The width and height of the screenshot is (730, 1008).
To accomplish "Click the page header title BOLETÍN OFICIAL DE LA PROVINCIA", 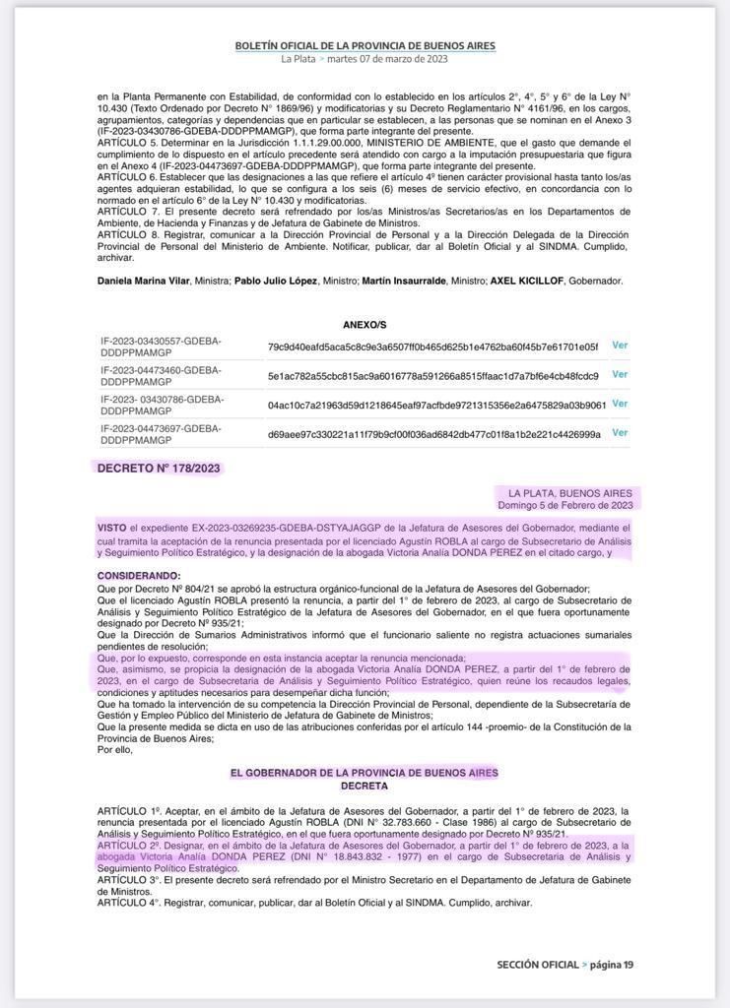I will [x=365, y=46].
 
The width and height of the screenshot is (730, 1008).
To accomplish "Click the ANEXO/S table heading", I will [x=365, y=324].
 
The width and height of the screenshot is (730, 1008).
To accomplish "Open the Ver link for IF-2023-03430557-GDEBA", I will [x=620, y=346].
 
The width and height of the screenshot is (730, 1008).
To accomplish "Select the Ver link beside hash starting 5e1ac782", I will [x=620, y=374].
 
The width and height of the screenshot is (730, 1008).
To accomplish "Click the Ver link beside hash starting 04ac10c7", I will [x=620, y=404].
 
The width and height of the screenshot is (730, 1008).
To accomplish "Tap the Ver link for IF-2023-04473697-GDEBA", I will [x=620, y=432].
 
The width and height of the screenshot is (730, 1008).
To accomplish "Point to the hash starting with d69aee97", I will [x=433, y=434].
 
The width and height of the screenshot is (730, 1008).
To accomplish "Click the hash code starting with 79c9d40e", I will [x=432, y=346].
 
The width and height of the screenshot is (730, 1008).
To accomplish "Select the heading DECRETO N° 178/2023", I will [x=159, y=469].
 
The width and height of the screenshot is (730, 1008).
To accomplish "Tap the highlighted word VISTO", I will [x=111, y=529].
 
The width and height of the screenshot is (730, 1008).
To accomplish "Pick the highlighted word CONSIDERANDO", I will [x=139, y=576].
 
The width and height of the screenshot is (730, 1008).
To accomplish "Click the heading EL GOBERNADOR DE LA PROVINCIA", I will [x=365, y=773].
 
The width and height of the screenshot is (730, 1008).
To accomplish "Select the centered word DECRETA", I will [x=365, y=787].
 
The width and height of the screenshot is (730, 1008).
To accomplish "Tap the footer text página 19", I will [x=612, y=965].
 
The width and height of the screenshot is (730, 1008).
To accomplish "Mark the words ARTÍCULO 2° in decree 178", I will [x=128, y=845].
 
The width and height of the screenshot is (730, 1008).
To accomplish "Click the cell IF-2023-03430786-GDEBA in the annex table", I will [x=162, y=404].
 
